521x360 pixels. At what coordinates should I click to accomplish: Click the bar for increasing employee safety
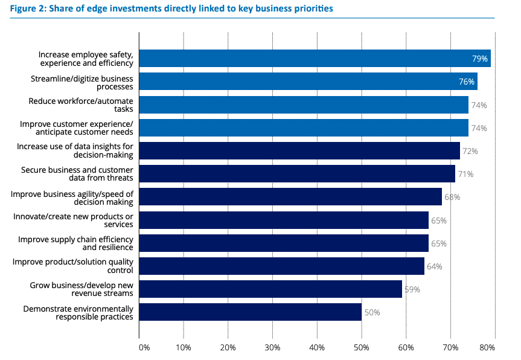tap(314, 59)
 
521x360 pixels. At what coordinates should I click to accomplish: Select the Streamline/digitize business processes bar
tap(308, 82)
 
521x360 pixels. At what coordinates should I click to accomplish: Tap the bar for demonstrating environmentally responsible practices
tap(250, 312)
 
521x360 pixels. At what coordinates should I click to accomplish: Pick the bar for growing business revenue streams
tap(270, 289)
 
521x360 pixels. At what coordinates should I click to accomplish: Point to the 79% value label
tap(480, 59)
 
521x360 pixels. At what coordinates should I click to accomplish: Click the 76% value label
tap(467, 82)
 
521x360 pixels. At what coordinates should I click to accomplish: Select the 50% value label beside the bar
tap(372, 313)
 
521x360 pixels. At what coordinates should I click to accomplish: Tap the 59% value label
tap(412, 289)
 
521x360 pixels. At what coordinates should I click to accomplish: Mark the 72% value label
tap(470, 151)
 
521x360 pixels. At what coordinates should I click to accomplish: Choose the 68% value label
tap(452, 197)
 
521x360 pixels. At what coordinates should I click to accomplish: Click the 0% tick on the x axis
tap(144, 347)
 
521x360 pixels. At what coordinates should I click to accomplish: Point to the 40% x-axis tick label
tap(317, 347)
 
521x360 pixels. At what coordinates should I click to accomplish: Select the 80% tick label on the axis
tap(488, 347)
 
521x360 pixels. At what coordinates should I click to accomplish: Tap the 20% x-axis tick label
tap(228, 347)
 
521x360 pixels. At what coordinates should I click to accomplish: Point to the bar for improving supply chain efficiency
tap(283, 243)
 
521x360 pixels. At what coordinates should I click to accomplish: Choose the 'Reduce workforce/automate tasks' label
tap(81, 104)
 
